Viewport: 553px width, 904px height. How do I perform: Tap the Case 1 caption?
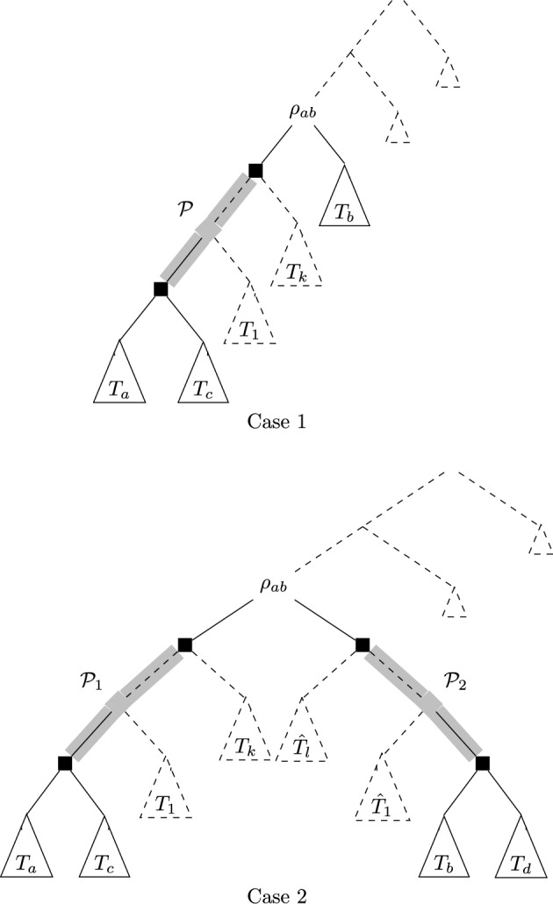click(276, 423)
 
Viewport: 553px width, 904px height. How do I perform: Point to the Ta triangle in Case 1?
click(119, 383)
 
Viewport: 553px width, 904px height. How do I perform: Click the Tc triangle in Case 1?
click(204, 383)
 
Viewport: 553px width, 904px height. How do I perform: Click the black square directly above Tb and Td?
click(482, 764)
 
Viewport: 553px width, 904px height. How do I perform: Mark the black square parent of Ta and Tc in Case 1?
click(161, 288)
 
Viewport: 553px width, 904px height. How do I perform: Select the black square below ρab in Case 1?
click(255, 170)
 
